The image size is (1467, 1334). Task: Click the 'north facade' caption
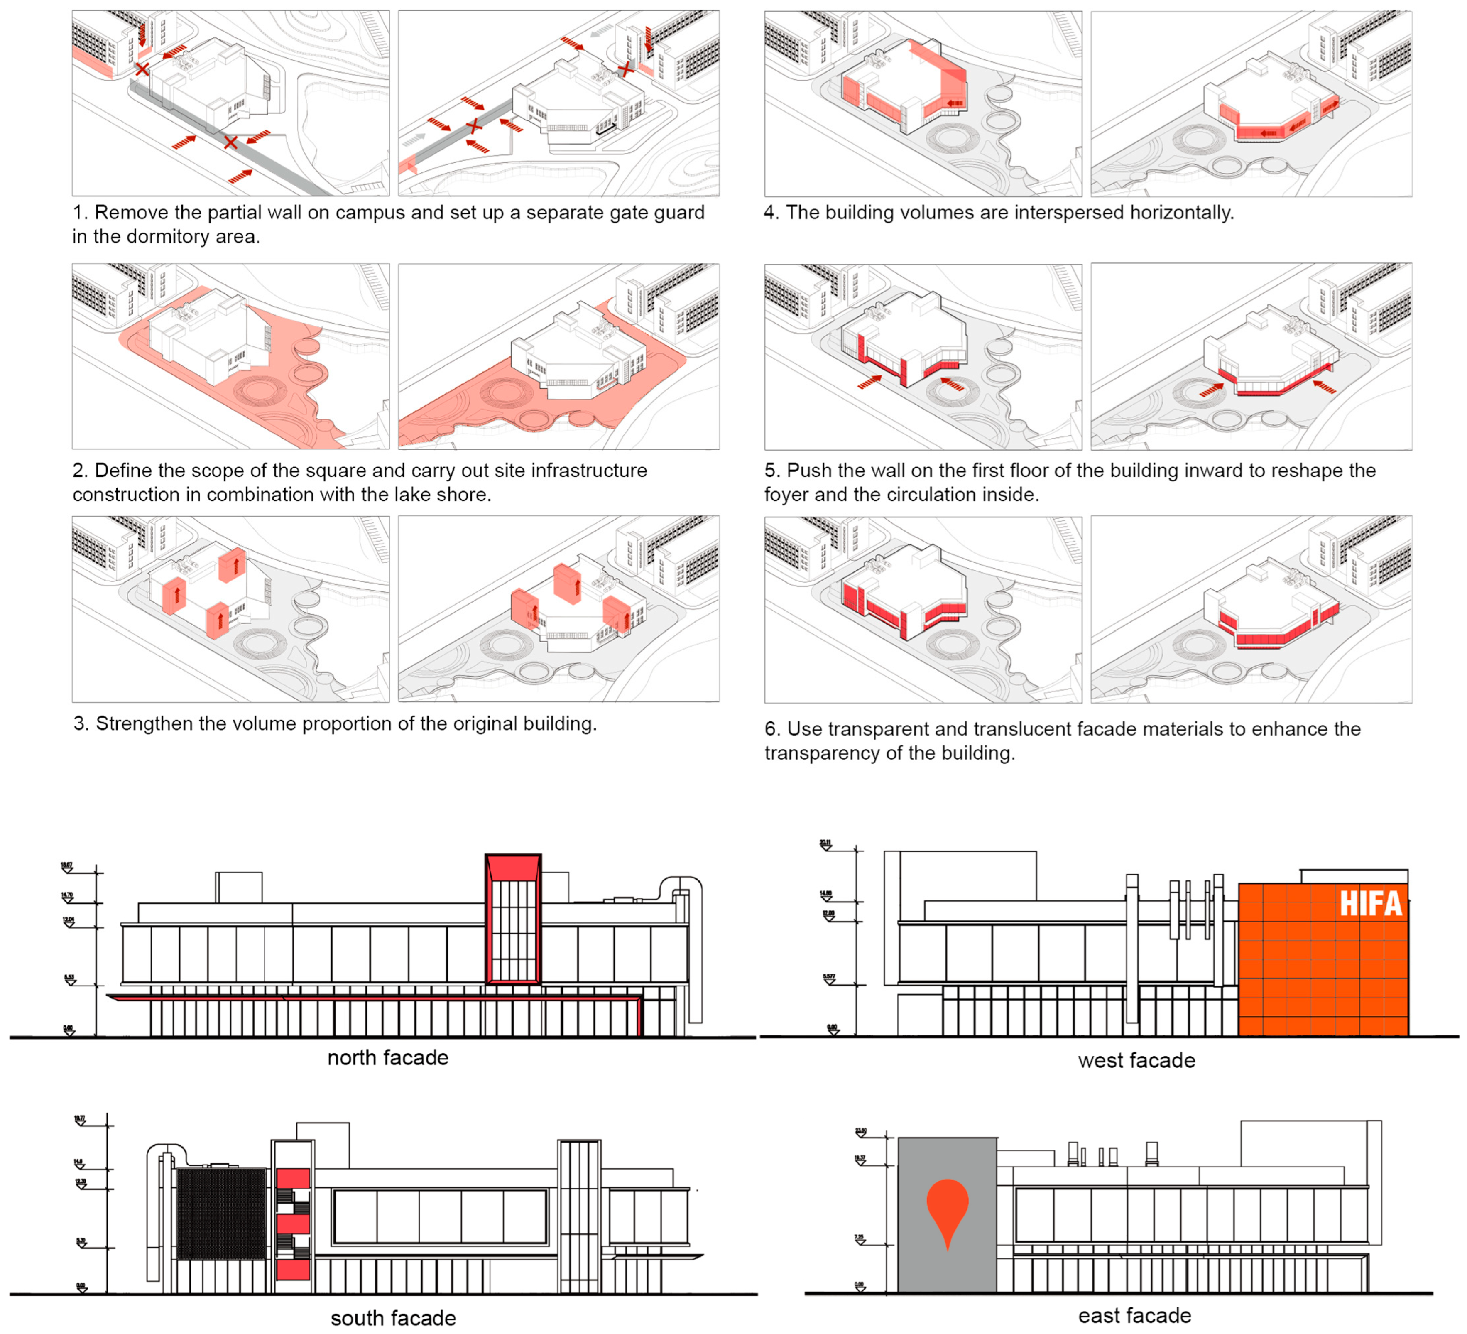[388, 1057]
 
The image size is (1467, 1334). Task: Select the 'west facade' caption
[1136, 1060]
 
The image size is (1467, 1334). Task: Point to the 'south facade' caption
[393, 1318]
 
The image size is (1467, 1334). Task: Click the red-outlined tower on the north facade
[513, 921]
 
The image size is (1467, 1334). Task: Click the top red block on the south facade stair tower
[293, 1177]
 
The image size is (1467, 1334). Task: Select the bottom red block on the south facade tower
[293, 1270]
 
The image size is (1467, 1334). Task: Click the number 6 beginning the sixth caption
[771, 729]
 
